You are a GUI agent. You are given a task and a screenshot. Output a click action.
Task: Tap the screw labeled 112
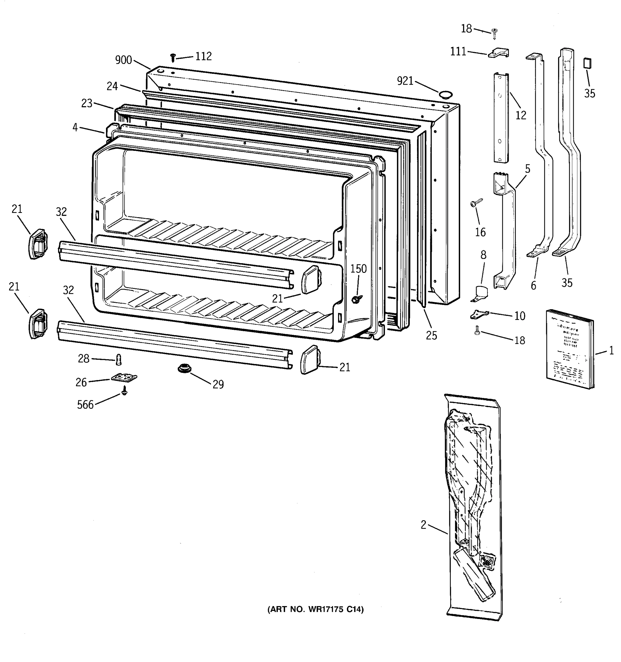click(x=173, y=58)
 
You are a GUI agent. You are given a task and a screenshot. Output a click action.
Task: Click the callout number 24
click(x=112, y=87)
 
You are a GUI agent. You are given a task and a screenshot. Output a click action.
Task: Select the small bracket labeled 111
click(x=498, y=53)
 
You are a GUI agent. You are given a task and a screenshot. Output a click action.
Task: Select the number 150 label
click(x=358, y=269)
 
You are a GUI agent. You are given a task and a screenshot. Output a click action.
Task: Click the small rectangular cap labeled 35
click(x=587, y=63)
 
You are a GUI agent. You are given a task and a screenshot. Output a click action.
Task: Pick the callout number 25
click(x=431, y=335)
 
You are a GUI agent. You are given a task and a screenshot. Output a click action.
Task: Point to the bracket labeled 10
click(x=479, y=314)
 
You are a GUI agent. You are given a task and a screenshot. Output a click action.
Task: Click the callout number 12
click(x=521, y=116)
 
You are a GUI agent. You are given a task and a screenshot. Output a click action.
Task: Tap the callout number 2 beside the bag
click(x=423, y=525)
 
